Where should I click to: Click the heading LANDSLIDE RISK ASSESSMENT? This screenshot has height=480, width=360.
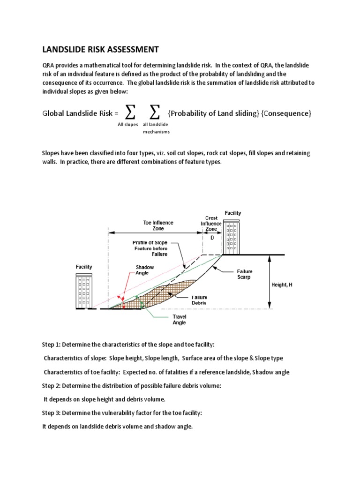[x=101, y=49]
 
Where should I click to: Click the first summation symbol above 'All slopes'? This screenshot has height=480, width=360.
[x=131, y=112]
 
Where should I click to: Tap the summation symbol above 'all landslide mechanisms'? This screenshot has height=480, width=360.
[x=155, y=112]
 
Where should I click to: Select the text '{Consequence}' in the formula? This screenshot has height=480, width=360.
[x=287, y=113]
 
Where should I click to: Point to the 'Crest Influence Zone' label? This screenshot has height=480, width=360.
[x=211, y=224]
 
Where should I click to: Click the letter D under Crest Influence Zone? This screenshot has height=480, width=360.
[x=211, y=238]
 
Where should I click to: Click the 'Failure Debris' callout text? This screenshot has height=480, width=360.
[x=199, y=300]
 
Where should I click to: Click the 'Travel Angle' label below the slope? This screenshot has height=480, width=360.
[x=179, y=320]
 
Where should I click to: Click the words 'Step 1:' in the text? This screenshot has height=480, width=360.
[x=54, y=345]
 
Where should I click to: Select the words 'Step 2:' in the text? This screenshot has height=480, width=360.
[x=54, y=386]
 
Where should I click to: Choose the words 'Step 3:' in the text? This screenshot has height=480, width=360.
[x=54, y=413]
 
